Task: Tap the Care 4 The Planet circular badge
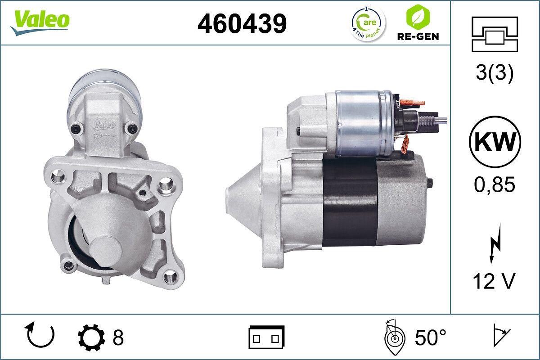pyautogui.click(x=368, y=23)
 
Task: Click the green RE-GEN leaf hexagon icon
pyautogui.click(x=418, y=17)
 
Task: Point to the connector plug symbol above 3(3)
pyautogui.click(x=495, y=34)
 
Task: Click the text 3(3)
pyautogui.click(x=495, y=74)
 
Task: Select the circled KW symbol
pyautogui.click(x=495, y=143)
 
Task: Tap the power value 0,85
pyautogui.click(x=495, y=184)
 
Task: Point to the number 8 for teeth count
pyautogui.click(x=118, y=337)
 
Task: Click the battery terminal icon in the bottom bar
pyautogui.click(x=266, y=337)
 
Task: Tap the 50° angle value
pyautogui.click(x=431, y=337)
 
